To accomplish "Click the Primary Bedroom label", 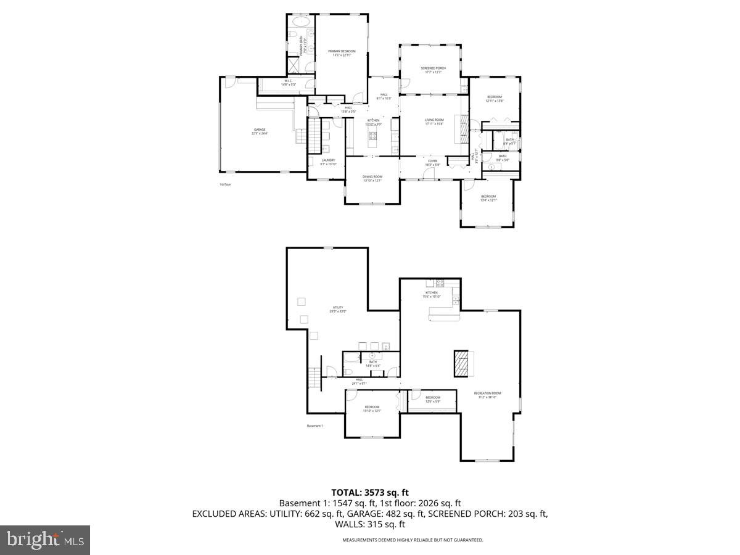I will pyautogui.click(x=342, y=53).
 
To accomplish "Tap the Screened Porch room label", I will pyautogui.click(x=434, y=70).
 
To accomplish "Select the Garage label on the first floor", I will pyautogui.click(x=259, y=131).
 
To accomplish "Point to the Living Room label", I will pyautogui.click(x=434, y=121).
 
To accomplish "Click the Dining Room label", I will pyautogui.click(x=372, y=178).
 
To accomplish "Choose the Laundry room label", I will pyautogui.click(x=328, y=162).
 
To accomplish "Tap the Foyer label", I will pyautogui.click(x=432, y=163).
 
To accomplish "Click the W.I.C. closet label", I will pyautogui.click(x=289, y=83).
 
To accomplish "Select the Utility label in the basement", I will pyautogui.click(x=338, y=310).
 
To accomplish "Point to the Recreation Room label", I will pyautogui.click(x=487, y=395).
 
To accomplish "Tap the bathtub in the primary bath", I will pyautogui.click(x=300, y=22).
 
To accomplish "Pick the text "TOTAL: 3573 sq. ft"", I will pyautogui.click(x=370, y=492).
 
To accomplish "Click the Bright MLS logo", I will pyautogui.click(x=45, y=540).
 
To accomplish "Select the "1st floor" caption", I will pyautogui.click(x=224, y=184).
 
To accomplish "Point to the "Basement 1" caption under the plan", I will pyautogui.click(x=314, y=426).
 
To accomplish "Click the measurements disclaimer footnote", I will pyautogui.click(x=413, y=540).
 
